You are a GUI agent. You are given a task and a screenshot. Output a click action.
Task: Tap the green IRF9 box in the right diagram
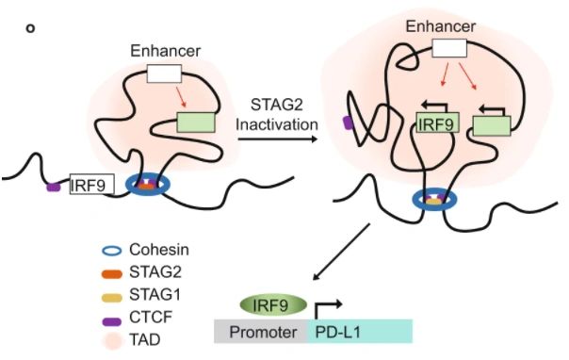[x=438, y=123]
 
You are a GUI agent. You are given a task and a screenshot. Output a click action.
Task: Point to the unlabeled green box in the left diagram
[x=196, y=123]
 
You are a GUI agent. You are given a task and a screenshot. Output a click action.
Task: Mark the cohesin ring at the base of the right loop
[x=433, y=199]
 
